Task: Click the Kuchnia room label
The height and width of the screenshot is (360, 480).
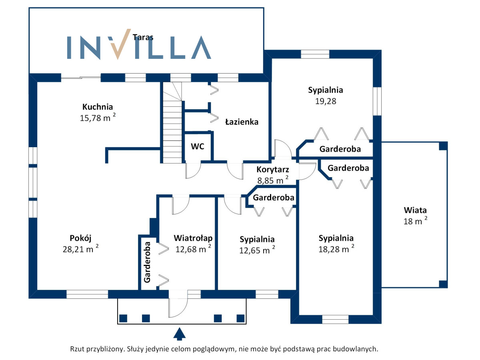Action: (x=98, y=107)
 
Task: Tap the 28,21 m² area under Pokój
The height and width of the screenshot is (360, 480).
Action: (x=80, y=249)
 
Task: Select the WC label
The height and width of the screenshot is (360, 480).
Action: (x=198, y=146)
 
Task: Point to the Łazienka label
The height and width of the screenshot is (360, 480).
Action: (x=242, y=122)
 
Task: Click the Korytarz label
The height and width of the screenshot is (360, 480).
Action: (x=273, y=169)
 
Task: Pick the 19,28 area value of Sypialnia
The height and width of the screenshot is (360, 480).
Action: (x=325, y=101)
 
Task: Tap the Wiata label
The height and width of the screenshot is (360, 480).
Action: (x=415, y=210)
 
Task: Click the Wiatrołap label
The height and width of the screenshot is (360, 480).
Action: (x=193, y=238)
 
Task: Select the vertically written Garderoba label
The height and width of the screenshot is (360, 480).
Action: (x=147, y=262)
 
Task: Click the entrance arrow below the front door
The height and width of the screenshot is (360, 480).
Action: (x=179, y=334)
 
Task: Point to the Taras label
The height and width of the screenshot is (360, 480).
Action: (x=143, y=37)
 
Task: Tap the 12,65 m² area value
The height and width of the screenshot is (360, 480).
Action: (x=257, y=250)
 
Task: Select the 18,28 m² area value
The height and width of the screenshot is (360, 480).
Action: (x=336, y=249)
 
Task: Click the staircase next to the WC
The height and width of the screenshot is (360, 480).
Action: (x=172, y=122)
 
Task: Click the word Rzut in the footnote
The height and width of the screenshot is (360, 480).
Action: (x=77, y=349)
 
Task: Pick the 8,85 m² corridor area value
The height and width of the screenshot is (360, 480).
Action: (x=273, y=180)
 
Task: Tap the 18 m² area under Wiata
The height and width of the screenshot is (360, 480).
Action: (x=415, y=221)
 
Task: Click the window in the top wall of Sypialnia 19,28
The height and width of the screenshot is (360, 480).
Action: (x=315, y=54)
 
